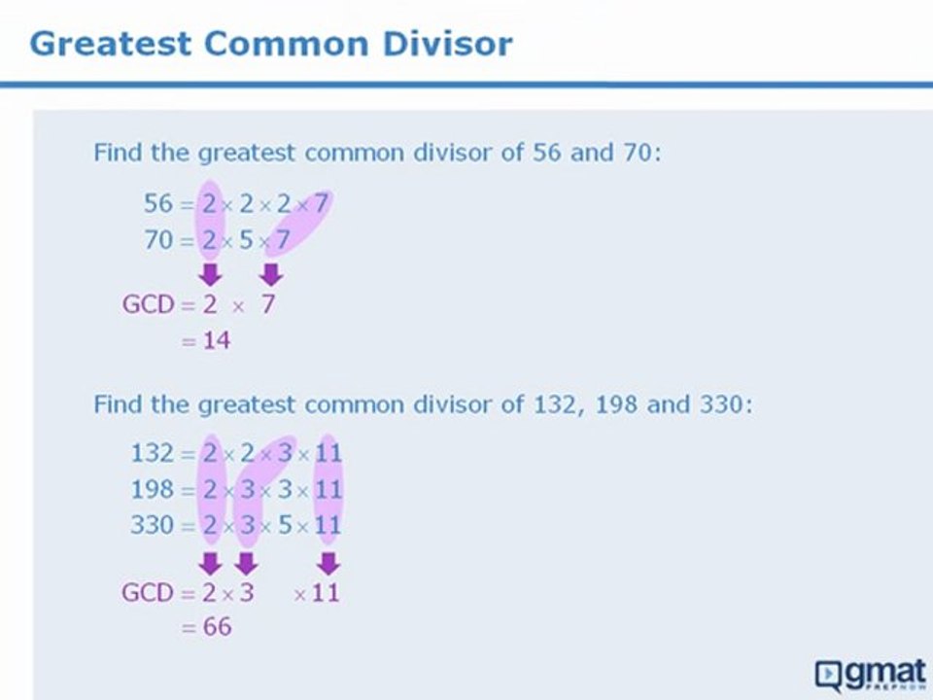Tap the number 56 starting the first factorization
coord(158,204)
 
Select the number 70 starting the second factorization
coord(158,239)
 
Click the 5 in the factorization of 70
coord(248,239)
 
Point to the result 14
coord(217,340)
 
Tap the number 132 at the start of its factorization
coord(152,452)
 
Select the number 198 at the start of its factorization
coord(152,488)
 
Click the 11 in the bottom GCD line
coord(328,592)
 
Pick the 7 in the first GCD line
coord(268,304)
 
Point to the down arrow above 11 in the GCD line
coord(328,563)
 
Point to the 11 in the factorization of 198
coord(328,488)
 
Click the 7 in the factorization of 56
coord(321,204)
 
